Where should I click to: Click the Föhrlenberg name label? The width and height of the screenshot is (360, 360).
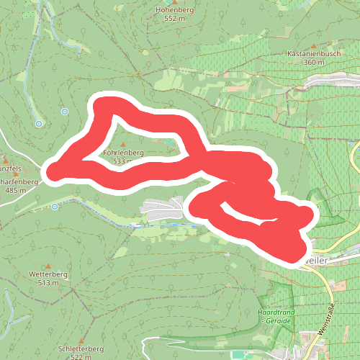click(124, 153)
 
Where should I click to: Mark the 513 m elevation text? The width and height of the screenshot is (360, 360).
click(48, 283)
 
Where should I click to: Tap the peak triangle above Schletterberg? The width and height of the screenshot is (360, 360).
click(81, 341)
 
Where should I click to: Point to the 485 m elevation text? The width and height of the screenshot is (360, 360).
click(15, 190)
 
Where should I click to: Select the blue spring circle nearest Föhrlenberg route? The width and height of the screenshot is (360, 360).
click(64, 112)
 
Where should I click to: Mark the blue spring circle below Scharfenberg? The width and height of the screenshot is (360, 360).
click(55, 207)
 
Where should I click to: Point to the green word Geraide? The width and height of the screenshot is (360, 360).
click(276, 320)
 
